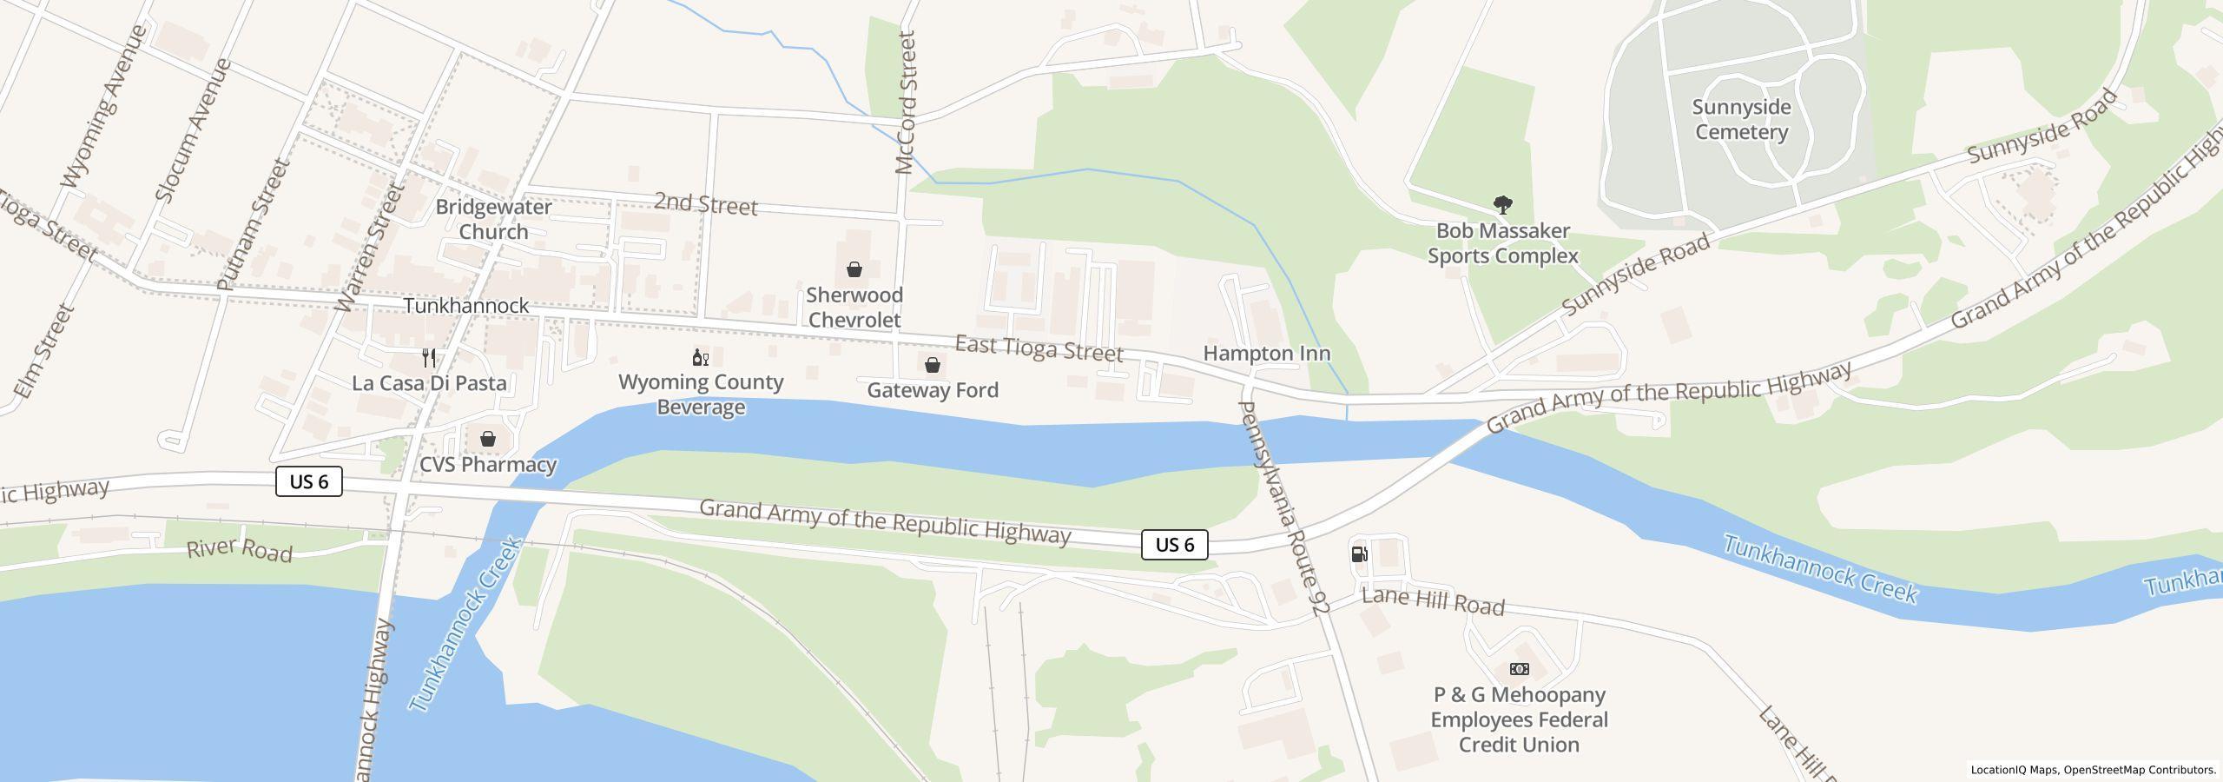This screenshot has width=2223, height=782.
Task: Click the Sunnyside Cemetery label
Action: [1741, 120]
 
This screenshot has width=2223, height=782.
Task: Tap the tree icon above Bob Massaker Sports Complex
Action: [1502, 206]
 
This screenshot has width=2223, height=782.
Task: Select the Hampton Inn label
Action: [1266, 354]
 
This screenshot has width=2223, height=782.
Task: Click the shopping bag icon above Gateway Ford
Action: [932, 365]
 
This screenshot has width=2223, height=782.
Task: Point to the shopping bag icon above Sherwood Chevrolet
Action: [854, 269]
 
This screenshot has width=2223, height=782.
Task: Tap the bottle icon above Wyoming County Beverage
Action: [700, 357]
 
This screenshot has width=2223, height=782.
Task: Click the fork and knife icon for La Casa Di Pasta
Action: [428, 358]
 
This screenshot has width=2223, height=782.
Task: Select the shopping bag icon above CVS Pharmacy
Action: [488, 439]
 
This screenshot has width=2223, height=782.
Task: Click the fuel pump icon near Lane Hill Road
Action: [1360, 554]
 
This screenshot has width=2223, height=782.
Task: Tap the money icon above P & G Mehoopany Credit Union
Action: [1519, 669]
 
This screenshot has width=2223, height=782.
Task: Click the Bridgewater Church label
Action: [493, 219]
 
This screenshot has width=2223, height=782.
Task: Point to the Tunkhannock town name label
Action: [466, 306]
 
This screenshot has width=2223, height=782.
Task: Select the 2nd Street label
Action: [705, 204]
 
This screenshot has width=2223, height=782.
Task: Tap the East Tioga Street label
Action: [1039, 348]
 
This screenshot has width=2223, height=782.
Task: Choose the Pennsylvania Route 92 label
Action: [1283, 508]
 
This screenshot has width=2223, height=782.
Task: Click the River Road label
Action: [240, 551]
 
